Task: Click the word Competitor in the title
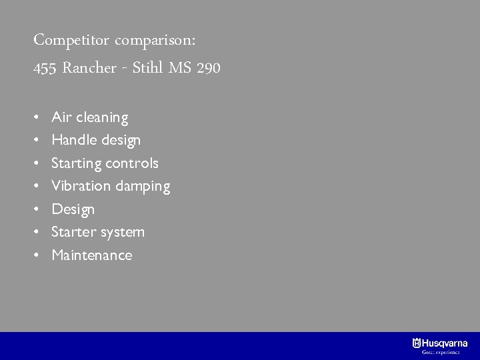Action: click(x=71, y=40)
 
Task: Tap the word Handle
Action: click(x=72, y=140)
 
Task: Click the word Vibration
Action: click(x=81, y=186)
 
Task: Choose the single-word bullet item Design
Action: click(x=73, y=209)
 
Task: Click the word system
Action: click(x=123, y=233)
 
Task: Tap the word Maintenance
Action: click(x=92, y=255)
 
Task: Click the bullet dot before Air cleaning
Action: click(x=37, y=118)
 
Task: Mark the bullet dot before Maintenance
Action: click(x=37, y=255)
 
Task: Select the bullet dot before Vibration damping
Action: click(x=37, y=187)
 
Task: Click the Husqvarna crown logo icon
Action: click(x=417, y=343)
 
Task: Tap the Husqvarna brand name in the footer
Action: click(x=445, y=343)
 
